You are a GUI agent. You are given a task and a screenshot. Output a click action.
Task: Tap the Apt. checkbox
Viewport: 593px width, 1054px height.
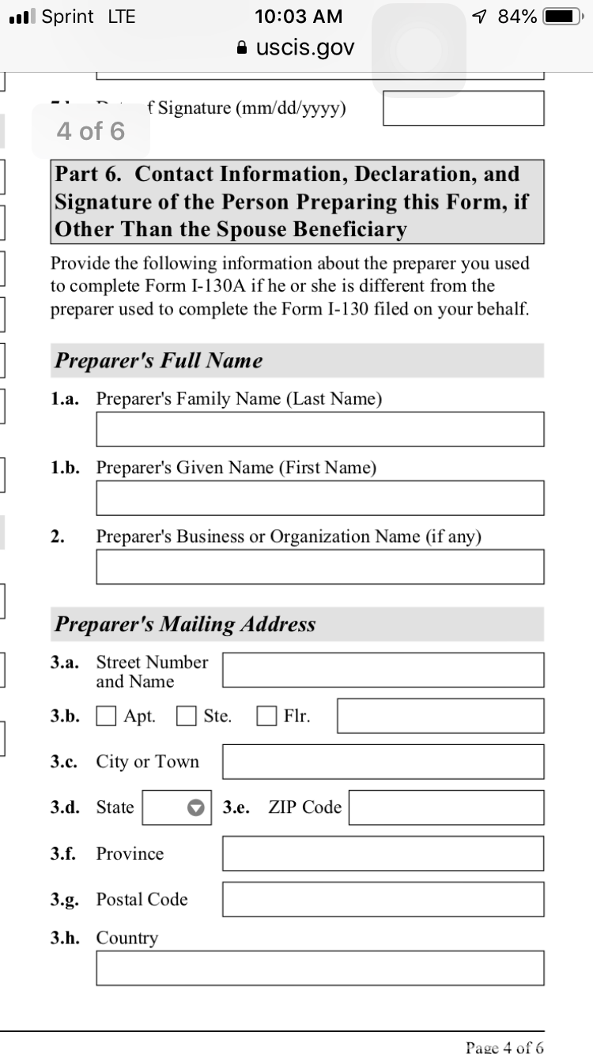click(x=106, y=717)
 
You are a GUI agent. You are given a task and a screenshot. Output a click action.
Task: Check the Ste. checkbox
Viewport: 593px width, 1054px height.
click(x=187, y=717)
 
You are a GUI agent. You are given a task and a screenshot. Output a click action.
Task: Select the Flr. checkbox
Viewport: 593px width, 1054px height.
click(x=267, y=717)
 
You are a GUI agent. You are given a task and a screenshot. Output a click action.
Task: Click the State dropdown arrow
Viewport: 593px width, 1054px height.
click(x=196, y=807)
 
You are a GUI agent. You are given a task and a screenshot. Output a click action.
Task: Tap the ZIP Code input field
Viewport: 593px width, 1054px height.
click(x=446, y=807)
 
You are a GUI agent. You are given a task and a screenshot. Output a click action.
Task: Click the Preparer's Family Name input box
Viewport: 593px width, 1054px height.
click(x=319, y=429)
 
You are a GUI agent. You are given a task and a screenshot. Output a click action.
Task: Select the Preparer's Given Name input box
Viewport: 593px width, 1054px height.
click(x=319, y=498)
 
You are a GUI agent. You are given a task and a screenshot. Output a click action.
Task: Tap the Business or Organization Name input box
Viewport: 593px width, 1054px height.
click(x=319, y=567)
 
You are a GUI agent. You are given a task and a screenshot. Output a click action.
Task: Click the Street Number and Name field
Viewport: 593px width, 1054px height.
click(x=383, y=670)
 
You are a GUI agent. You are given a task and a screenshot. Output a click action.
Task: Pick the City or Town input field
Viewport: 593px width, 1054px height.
click(x=383, y=762)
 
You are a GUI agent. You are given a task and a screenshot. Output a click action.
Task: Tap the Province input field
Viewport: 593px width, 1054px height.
click(x=383, y=853)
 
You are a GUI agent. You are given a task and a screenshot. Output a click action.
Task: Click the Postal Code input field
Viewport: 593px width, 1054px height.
click(x=383, y=899)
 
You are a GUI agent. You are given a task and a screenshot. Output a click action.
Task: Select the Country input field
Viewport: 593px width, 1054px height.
click(x=319, y=968)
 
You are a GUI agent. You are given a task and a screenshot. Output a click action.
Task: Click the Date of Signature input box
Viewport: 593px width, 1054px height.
click(x=463, y=108)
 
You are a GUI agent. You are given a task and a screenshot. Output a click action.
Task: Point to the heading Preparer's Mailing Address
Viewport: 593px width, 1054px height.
click(x=185, y=624)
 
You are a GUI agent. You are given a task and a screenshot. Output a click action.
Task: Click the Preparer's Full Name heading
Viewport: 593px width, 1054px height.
click(x=158, y=361)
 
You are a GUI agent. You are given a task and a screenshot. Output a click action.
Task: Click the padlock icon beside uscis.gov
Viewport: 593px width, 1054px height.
click(x=244, y=48)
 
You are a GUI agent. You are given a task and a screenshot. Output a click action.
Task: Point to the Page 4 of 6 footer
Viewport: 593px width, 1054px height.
click(x=504, y=1048)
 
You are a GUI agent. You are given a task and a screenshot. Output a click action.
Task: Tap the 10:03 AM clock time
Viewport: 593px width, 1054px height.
click(x=299, y=17)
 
